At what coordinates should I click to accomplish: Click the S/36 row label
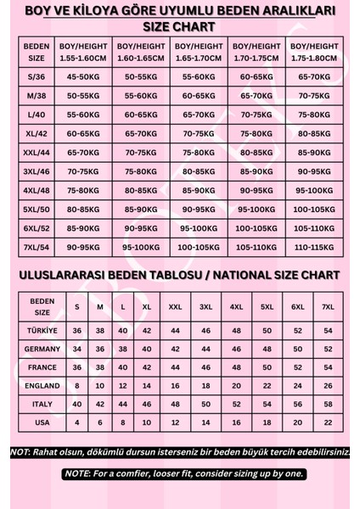tap(37, 76)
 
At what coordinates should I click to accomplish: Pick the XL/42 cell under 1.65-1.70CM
tap(198, 134)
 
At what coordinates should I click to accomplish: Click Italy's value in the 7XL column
tap(327, 403)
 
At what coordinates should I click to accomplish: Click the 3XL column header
tap(206, 305)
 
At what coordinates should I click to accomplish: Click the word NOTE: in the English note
tap(78, 473)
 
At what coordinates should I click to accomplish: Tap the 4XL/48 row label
tap(37, 191)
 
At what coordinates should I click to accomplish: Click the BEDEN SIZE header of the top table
tap(37, 49)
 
